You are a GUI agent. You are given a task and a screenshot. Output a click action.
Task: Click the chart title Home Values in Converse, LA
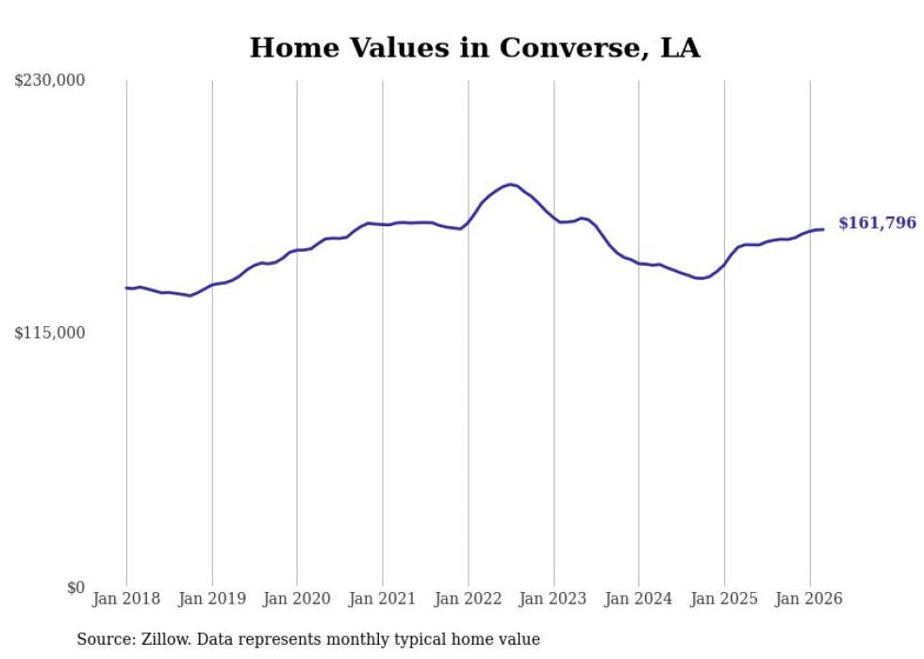click(x=474, y=48)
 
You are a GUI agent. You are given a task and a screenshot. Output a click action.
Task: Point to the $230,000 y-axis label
click(x=50, y=81)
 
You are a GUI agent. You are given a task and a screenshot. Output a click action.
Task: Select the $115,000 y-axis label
click(x=50, y=333)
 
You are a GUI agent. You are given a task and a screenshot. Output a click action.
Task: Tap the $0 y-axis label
click(x=75, y=587)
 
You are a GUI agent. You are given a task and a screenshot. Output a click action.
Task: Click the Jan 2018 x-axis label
click(x=126, y=599)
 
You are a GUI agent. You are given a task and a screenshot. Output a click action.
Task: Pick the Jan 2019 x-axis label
click(x=212, y=599)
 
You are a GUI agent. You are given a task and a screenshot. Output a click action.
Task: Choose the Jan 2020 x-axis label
click(x=297, y=599)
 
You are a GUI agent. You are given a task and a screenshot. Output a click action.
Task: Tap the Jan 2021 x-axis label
click(x=383, y=599)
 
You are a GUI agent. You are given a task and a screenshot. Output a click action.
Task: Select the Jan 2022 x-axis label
click(x=468, y=599)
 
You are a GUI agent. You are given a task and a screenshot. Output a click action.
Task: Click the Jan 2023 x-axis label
click(x=553, y=599)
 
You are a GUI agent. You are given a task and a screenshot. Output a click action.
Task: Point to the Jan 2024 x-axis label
click(x=638, y=599)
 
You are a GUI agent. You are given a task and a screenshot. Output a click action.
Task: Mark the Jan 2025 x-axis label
click(x=724, y=599)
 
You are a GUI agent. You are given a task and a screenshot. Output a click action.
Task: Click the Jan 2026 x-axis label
click(x=809, y=599)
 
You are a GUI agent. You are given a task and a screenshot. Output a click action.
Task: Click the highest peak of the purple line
click(x=510, y=185)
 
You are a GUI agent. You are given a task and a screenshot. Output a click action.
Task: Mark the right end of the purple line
click(x=823, y=229)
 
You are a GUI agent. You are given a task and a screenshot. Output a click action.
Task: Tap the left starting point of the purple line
click(x=126, y=288)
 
